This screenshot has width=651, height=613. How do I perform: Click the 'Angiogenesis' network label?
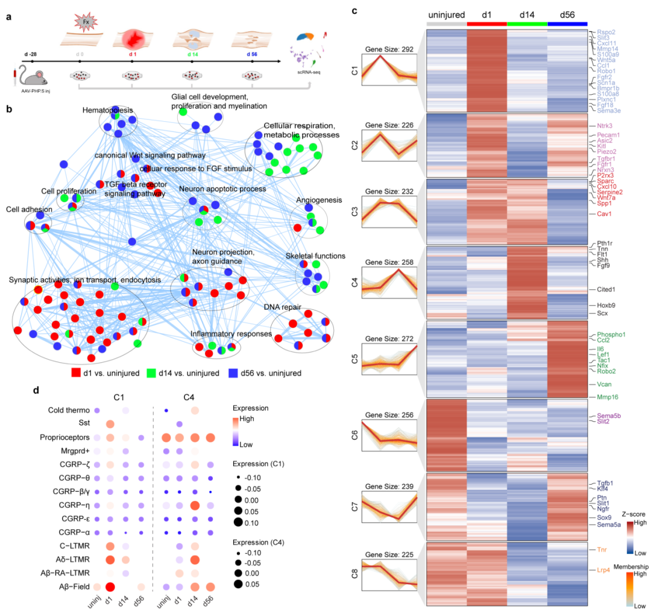click(x=319, y=200)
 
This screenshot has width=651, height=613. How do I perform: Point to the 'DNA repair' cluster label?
click(x=282, y=307)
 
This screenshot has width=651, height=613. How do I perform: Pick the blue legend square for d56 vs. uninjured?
click(x=233, y=373)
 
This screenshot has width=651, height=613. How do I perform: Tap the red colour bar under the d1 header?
click(x=486, y=24)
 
